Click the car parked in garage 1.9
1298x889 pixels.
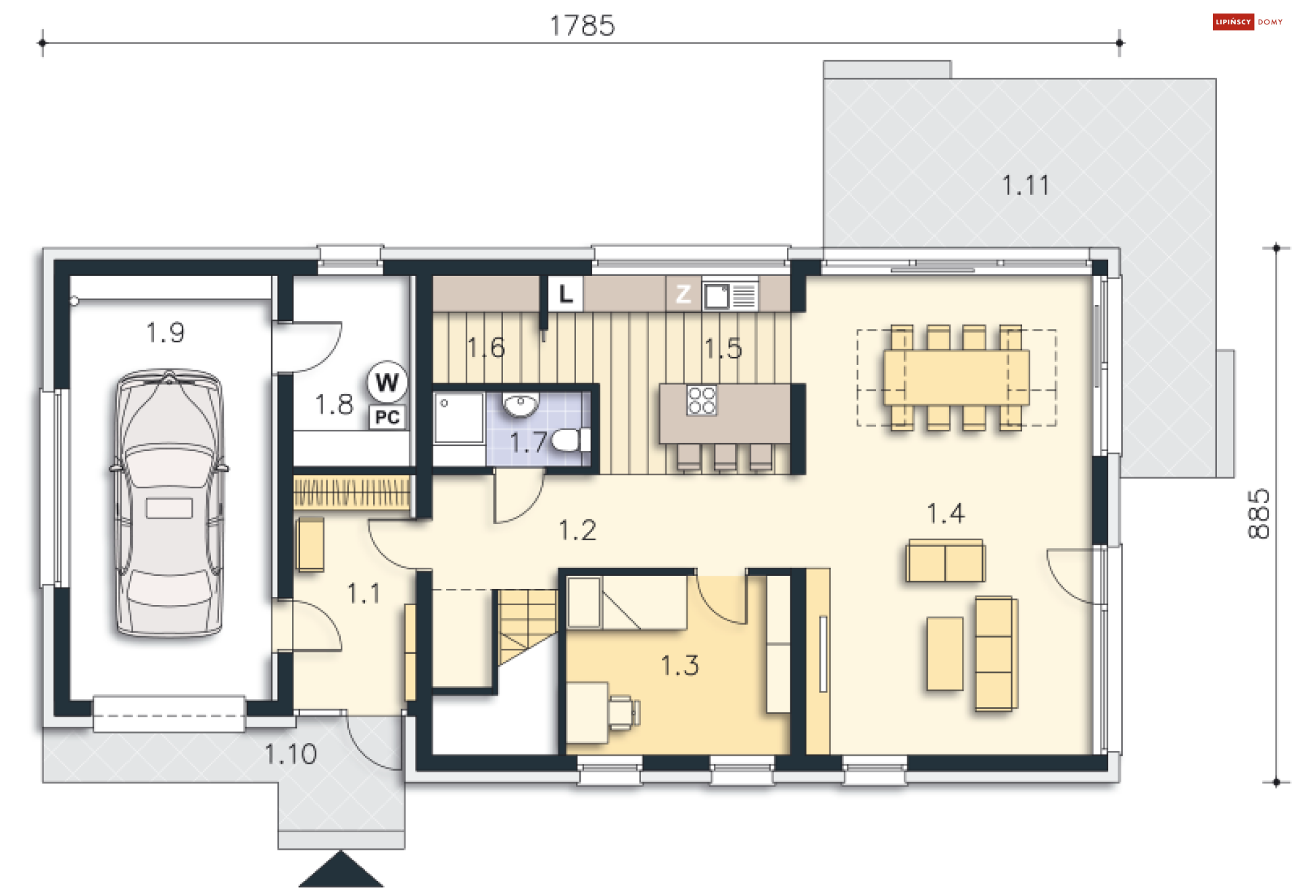coord(169,504)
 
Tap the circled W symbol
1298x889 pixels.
coord(387,382)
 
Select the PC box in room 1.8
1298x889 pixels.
coord(387,417)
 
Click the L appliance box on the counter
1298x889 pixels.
coord(565,293)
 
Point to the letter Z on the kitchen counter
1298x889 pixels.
coord(683,293)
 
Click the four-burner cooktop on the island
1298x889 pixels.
coord(701,400)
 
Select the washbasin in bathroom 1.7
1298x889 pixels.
coord(520,405)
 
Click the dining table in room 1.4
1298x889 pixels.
coord(957,377)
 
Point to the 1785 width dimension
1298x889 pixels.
coord(582,26)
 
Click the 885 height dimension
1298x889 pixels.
coord(1259,514)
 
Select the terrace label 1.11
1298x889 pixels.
coord(1026,185)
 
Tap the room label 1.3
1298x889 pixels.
coord(679,665)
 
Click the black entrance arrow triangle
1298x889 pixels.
coord(341,870)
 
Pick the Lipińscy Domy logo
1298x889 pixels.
coord(1248,22)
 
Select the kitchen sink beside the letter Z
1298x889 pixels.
coord(730,295)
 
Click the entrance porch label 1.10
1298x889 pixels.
coord(291,754)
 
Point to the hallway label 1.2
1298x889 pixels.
coord(577,530)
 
